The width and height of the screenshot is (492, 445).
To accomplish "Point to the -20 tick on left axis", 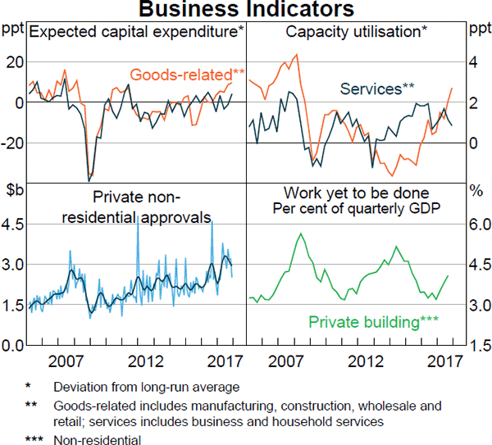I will click(13, 143).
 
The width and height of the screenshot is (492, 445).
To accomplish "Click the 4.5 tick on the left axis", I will click(15, 224).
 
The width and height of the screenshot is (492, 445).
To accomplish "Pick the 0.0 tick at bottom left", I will click(15, 346).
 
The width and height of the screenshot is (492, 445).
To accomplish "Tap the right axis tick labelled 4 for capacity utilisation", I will click(472, 62).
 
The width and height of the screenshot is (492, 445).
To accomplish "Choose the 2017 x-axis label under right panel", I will click(447, 361).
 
